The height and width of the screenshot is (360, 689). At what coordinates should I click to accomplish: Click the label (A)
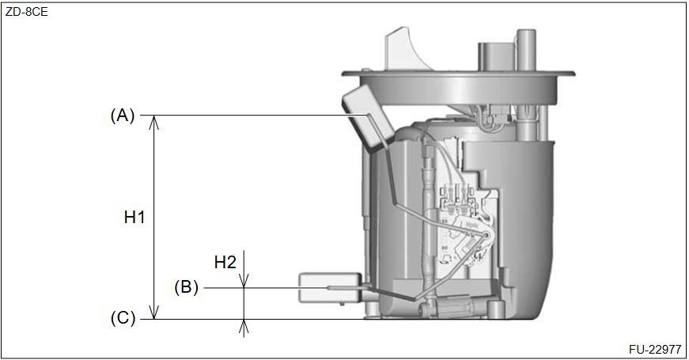(x=122, y=116)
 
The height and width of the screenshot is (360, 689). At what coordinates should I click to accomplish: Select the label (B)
(x=187, y=287)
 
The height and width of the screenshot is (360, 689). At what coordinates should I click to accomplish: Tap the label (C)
(x=123, y=318)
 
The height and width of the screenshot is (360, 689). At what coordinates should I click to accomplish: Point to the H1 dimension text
(x=134, y=217)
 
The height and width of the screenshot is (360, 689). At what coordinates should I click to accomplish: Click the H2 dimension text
(x=225, y=263)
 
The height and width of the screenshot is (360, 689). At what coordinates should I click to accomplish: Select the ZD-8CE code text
(x=26, y=12)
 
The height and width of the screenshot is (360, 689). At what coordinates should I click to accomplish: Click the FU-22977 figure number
(x=655, y=350)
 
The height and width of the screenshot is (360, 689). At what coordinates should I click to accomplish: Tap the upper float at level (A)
(x=367, y=118)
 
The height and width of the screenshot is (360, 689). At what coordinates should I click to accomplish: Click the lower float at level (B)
(x=330, y=288)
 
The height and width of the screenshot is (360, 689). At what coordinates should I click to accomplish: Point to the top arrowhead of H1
(x=153, y=123)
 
